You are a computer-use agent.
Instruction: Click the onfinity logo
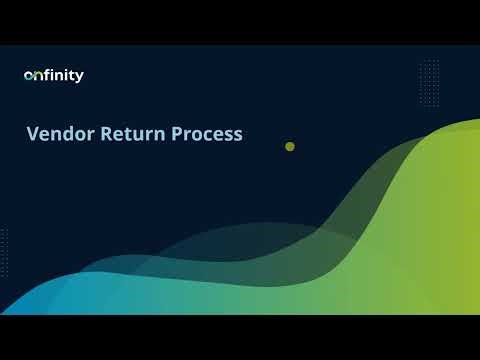54,75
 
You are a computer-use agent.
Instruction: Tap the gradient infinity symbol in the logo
32,76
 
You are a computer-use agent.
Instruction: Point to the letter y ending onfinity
80,77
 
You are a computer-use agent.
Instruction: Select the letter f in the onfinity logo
46,75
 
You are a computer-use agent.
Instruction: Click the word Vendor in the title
60,134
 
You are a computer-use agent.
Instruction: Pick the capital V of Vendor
33,134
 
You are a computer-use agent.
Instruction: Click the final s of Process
237,135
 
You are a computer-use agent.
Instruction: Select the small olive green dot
290,146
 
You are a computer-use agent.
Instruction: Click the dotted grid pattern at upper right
430,74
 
